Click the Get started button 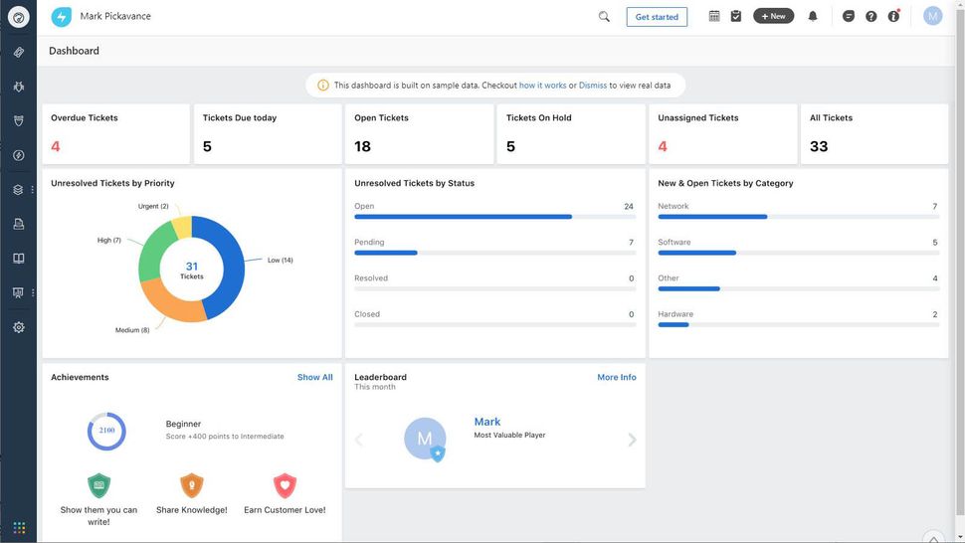[x=657, y=17]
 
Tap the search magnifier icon [x=604, y=17]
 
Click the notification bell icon [x=813, y=16]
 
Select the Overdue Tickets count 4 [x=56, y=146]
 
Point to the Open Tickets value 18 [x=362, y=146]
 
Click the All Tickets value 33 [x=819, y=146]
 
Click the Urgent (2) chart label [x=153, y=206]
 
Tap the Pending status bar [x=386, y=253]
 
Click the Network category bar [x=712, y=217]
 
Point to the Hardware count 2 [x=934, y=314]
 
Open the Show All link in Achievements [x=314, y=378]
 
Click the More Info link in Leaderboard [x=616, y=378]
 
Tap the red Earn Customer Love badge [x=285, y=485]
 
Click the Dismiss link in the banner [x=593, y=86]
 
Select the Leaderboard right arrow [x=632, y=440]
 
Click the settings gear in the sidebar [x=18, y=327]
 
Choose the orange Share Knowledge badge [x=191, y=485]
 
